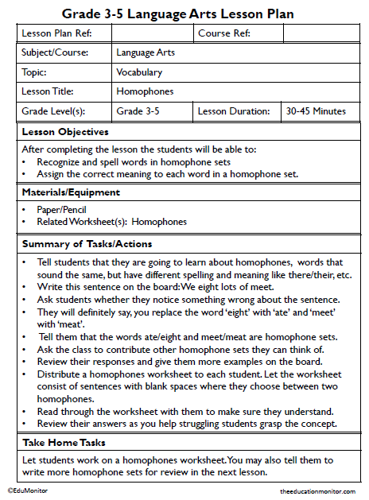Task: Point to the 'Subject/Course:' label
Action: tap(55, 53)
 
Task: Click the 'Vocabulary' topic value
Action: tap(139, 72)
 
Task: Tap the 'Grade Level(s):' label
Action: tap(53, 111)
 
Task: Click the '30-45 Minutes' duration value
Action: tap(316, 111)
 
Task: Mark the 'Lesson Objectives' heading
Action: tap(65, 131)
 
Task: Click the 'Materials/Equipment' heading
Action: tap(71, 192)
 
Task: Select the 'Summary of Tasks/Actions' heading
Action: tap(87, 243)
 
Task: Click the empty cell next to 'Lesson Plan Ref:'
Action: tap(152, 33)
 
